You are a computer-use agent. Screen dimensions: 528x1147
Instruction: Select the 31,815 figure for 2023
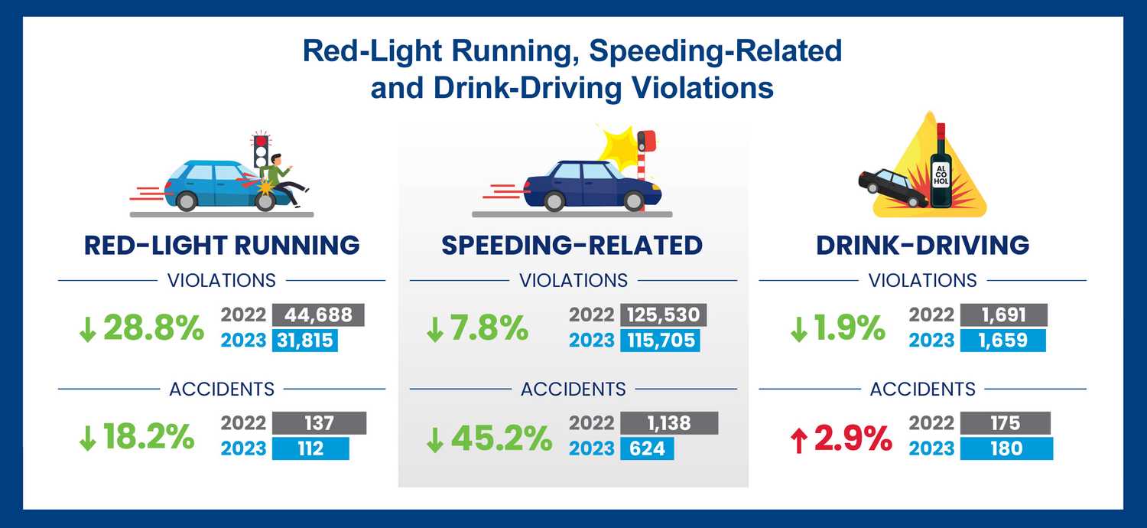point(304,341)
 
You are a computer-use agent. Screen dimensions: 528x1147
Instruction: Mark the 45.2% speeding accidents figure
point(489,438)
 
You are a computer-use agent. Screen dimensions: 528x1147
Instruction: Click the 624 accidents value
point(646,448)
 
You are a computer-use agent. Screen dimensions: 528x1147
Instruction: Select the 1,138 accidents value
point(668,423)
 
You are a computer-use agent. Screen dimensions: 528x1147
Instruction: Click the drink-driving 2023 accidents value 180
point(1006,448)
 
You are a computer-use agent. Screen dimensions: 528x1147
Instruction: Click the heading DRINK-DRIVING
point(922,245)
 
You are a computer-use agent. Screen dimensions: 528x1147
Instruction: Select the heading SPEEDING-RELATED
point(572,245)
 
